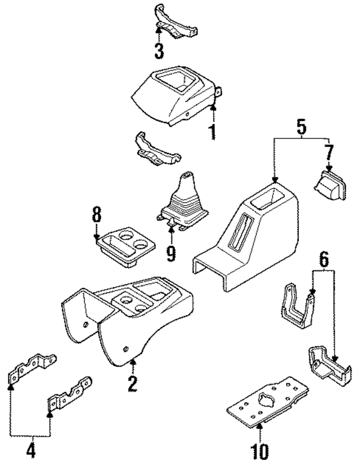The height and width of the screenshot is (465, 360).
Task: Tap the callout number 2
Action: (x=132, y=385)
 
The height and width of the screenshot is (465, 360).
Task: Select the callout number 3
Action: (x=160, y=51)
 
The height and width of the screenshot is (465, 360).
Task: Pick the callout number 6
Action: (x=323, y=259)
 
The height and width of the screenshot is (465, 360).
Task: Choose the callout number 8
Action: (x=96, y=214)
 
